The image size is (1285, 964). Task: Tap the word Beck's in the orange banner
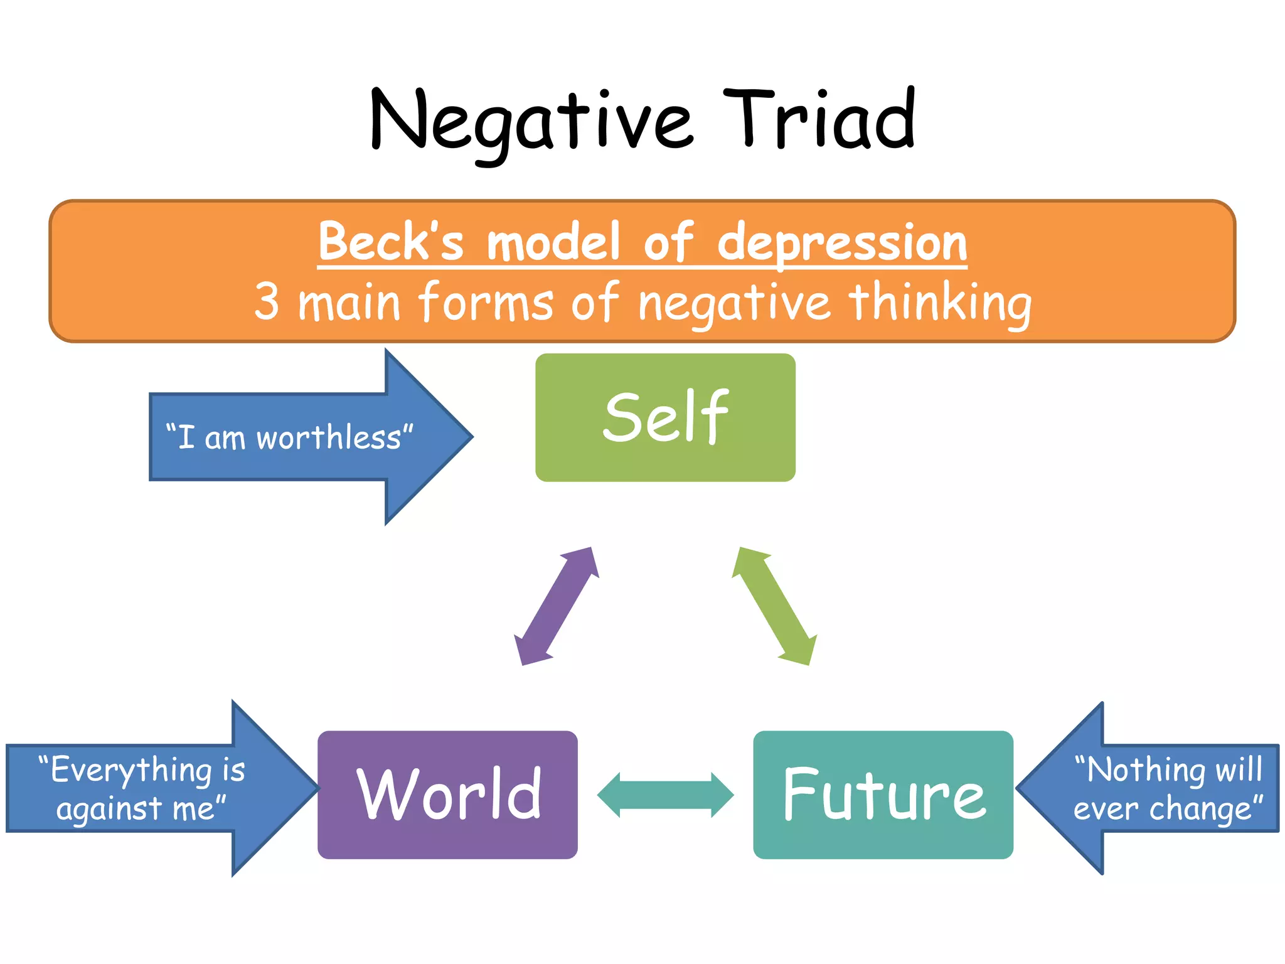coord(390,242)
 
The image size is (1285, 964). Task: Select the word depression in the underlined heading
coord(842,244)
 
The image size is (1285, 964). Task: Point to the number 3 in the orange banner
coord(266,302)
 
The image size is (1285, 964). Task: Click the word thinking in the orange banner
coord(940,302)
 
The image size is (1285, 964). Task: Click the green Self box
coord(665,417)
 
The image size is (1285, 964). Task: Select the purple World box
coord(447,795)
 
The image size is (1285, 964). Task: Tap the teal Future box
coord(883,795)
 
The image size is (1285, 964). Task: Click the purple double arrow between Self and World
coord(556,606)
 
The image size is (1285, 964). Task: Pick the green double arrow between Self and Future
coord(775,606)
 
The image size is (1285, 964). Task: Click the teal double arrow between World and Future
coord(665,795)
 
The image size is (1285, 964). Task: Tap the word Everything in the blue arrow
coord(131,771)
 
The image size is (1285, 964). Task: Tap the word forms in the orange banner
coord(486,302)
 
